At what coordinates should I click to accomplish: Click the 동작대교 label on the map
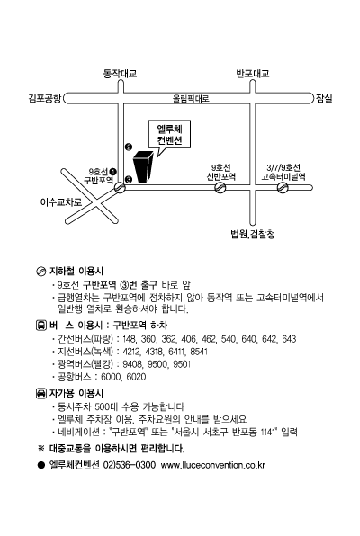(120, 74)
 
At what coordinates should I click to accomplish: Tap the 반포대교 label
(253, 74)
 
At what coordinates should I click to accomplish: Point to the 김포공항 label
(44, 98)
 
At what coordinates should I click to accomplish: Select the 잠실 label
(324, 98)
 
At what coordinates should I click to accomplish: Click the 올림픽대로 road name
(191, 99)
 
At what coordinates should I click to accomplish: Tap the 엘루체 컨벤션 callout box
(169, 134)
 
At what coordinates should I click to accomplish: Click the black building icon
(143, 166)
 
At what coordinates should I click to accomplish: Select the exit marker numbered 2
(129, 147)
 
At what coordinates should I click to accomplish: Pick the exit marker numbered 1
(113, 171)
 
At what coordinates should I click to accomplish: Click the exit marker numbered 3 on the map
(129, 179)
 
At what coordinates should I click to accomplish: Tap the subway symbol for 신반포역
(220, 187)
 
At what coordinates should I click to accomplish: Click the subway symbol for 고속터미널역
(283, 187)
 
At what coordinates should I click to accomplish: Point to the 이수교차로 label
(61, 202)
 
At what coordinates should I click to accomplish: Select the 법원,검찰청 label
(253, 234)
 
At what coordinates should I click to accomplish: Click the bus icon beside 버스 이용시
(41, 325)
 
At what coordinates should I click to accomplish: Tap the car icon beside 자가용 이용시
(41, 393)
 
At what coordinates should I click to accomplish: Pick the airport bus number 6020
(136, 377)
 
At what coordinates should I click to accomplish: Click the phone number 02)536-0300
(130, 465)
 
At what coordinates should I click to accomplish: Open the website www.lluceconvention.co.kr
(213, 465)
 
